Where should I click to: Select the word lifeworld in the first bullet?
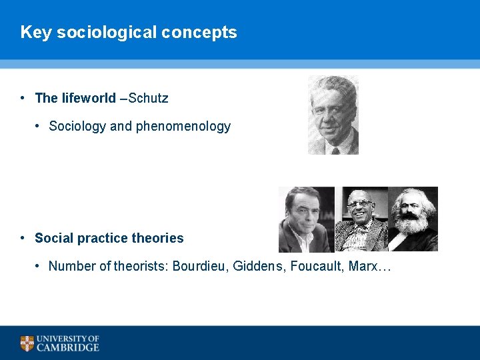click(89, 98)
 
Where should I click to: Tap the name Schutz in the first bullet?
click(148, 98)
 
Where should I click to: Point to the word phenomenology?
click(183, 126)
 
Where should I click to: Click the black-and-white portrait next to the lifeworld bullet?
click(333, 115)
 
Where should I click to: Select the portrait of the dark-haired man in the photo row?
click(306, 219)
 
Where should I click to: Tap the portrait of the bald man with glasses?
click(361, 219)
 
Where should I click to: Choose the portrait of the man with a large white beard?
click(413, 219)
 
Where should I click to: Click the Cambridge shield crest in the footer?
click(27, 343)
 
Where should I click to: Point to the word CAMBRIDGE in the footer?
click(68, 347)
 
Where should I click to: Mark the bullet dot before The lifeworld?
click(23, 98)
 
